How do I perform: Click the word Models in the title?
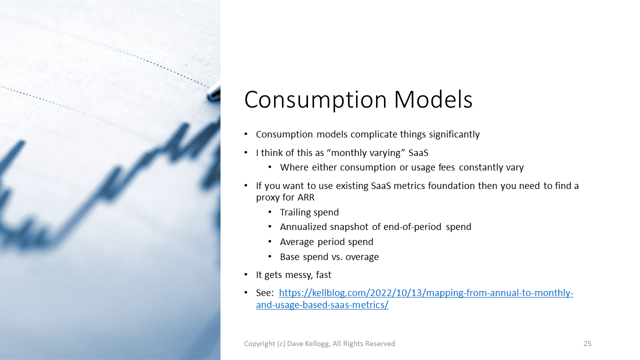[433, 99]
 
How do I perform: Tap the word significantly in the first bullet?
[454, 134]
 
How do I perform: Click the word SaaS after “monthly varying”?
[418, 153]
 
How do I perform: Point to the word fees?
[446, 167]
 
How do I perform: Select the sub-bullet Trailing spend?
[309, 212]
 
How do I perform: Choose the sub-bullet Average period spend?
[326, 242]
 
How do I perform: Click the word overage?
[362, 257]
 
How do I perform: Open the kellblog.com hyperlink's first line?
[426, 293]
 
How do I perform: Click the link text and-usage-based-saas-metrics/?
[322, 305]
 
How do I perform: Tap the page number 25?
[587, 343]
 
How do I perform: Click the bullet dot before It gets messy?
[246, 275]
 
